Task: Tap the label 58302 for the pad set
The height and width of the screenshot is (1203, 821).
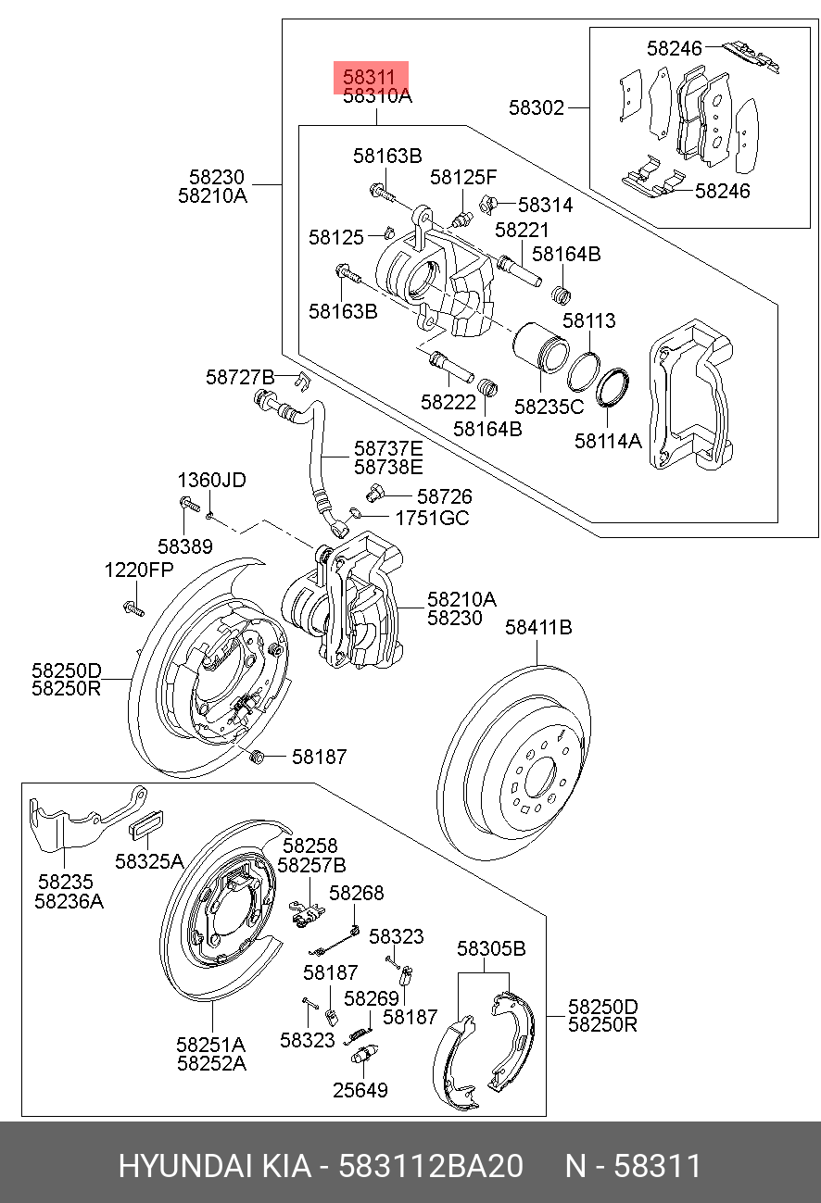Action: pyautogui.click(x=536, y=107)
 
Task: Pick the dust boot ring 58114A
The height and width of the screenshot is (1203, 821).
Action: pyautogui.click(x=613, y=387)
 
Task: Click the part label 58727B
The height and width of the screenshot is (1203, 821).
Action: pyautogui.click(x=240, y=377)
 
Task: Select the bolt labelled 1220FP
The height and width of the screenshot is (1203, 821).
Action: pyautogui.click(x=133, y=608)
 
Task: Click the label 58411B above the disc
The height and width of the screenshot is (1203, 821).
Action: pyautogui.click(x=538, y=627)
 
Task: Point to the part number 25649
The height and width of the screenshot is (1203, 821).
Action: pyautogui.click(x=360, y=1090)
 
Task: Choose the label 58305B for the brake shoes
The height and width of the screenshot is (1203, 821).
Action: pyautogui.click(x=491, y=948)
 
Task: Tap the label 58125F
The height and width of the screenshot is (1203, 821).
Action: pyautogui.click(x=463, y=177)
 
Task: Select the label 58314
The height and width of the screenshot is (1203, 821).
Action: pyautogui.click(x=546, y=206)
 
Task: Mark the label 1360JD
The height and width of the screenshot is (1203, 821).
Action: pyautogui.click(x=212, y=480)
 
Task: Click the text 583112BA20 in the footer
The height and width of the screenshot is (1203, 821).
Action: pyautogui.click(x=431, y=1165)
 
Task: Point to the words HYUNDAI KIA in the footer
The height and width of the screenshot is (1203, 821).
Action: pyautogui.click(x=214, y=1165)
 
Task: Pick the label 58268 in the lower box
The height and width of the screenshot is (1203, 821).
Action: pyautogui.click(x=357, y=893)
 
